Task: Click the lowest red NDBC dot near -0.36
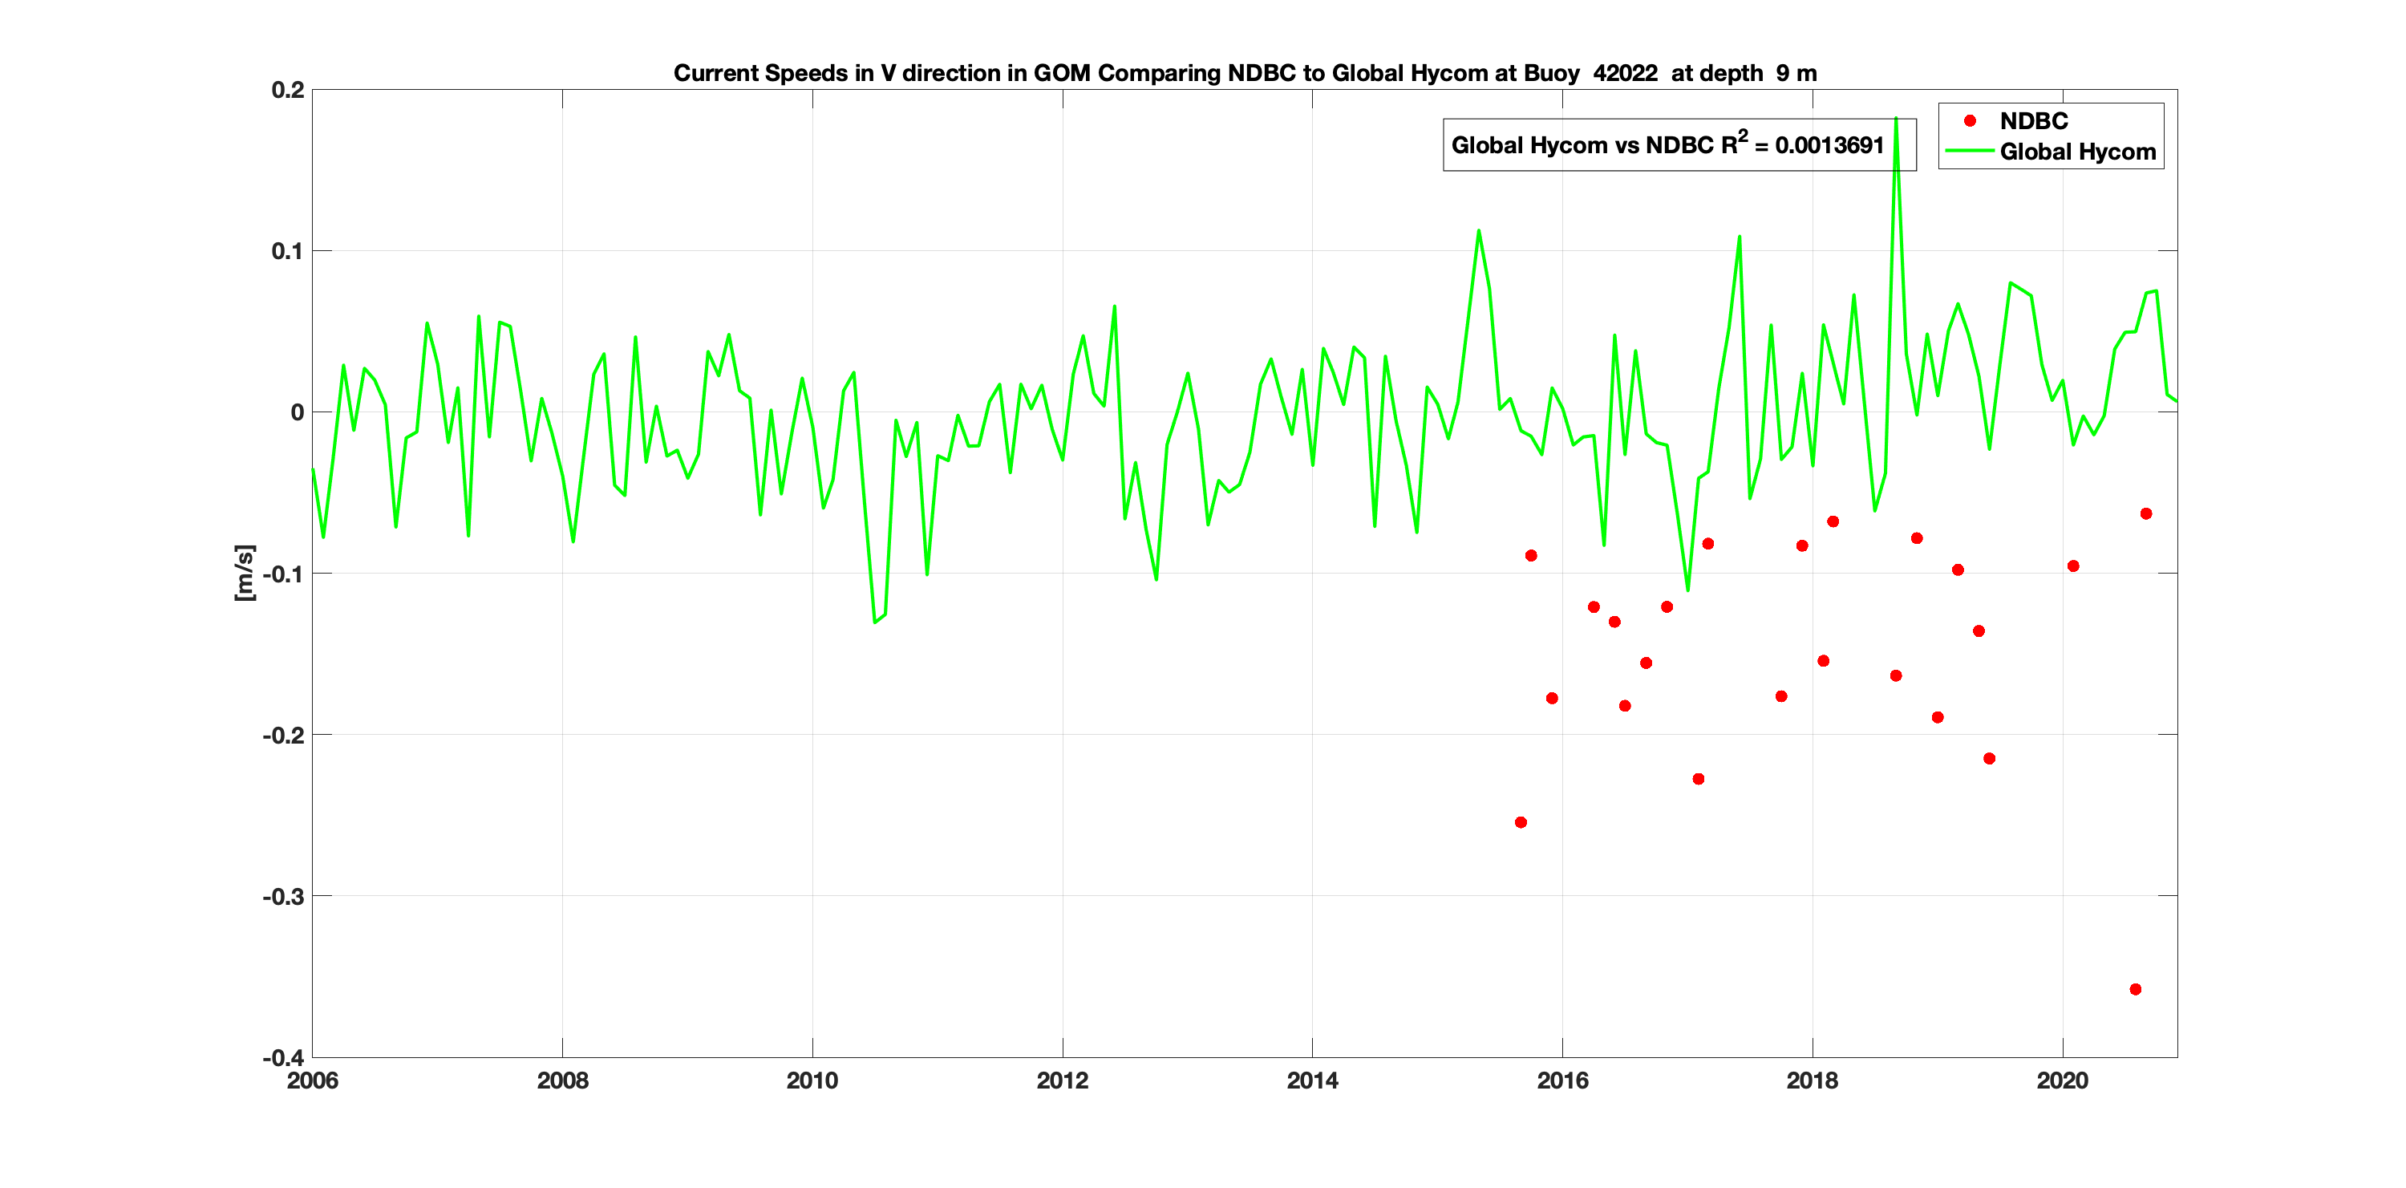(x=2135, y=989)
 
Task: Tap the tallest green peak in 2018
(x=1895, y=119)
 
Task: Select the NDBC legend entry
(x=2032, y=121)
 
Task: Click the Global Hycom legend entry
(x=2076, y=152)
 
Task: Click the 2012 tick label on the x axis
(x=1062, y=1081)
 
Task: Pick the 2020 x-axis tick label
(x=2061, y=1081)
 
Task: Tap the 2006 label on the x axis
(x=313, y=1081)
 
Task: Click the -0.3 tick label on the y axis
(x=283, y=897)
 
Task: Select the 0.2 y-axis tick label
(x=288, y=90)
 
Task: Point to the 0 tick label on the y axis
(x=297, y=412)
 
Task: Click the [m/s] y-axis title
(x=244, y=573)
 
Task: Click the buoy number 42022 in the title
(x=1624, y=73)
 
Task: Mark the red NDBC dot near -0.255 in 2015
(x=1521, y=822)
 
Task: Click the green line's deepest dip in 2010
(x=874, y=622)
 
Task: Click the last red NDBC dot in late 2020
(x=2145, y=513)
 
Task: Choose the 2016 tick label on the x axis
(x=1561, y=1081)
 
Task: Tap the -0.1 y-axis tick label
(x=283, y=574)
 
